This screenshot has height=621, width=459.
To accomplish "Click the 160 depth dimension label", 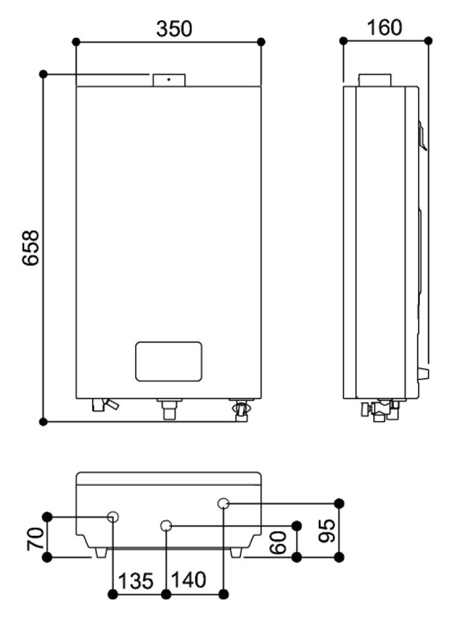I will point(385,28).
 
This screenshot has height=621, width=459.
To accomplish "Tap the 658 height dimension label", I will point(30,247).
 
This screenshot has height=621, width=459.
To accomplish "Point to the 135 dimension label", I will point(135,580).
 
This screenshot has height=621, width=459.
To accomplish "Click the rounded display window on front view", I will point(169,362).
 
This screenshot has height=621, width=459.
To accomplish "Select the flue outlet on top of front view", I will point(168,80).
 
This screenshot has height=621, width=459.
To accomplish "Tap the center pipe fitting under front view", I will point(168,408).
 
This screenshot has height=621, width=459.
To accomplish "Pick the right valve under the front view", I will point(241,409).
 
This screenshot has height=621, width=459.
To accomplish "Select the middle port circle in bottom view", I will point(166,526).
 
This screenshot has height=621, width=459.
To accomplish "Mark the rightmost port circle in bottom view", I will point(223,503).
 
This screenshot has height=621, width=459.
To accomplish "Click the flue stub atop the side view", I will point(374,80).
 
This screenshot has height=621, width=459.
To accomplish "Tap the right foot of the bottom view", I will point(236,552).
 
